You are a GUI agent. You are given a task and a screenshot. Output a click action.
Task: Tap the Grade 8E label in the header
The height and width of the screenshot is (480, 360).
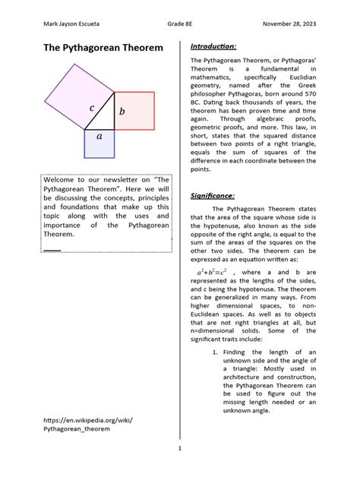click(x=179, y=23)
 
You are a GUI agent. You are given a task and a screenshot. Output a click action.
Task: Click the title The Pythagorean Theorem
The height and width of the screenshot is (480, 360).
click(x=103, y=48)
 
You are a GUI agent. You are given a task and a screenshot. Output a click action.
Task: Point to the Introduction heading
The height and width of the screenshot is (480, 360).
click(x=213, y=46)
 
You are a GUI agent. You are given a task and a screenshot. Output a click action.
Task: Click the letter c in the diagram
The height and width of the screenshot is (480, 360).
click(x=91, y=108)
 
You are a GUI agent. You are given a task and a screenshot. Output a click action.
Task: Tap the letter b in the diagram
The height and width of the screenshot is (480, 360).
click(x=122, y=112)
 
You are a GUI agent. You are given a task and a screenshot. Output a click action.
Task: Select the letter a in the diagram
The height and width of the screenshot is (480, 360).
click(x=99, y=136)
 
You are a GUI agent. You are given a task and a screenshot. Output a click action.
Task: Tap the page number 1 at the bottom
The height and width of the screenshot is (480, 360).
click(x=180, y=448)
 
